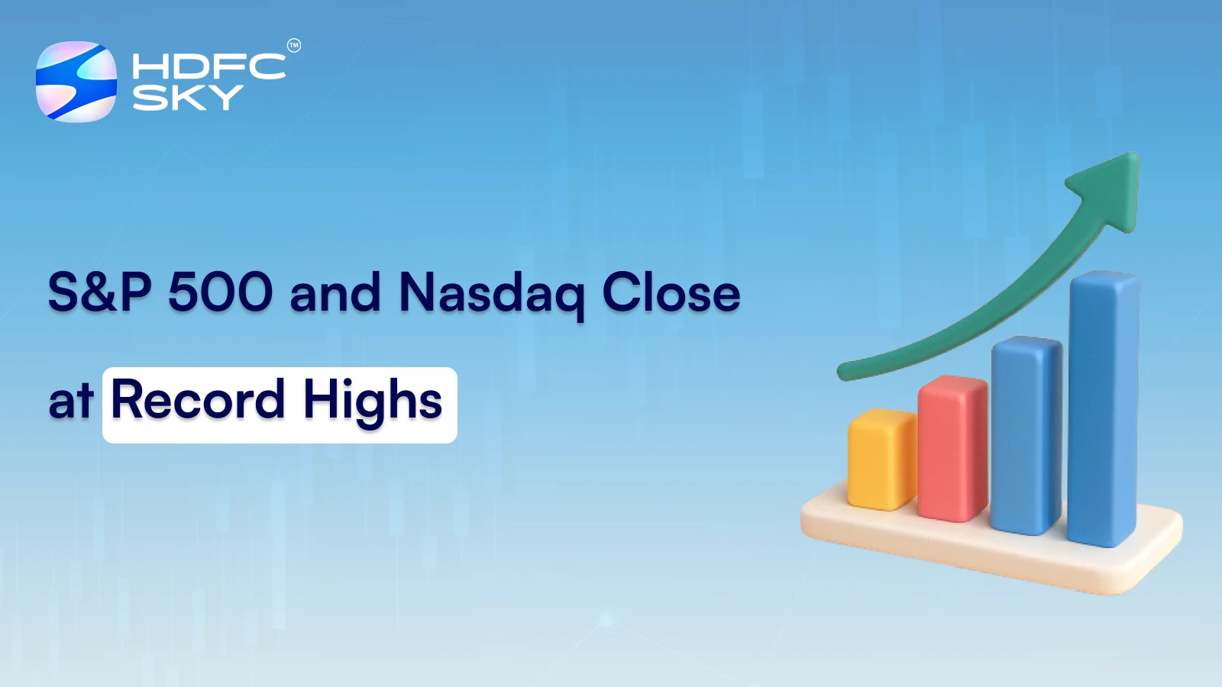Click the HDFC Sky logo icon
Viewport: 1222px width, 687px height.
click(76, 82)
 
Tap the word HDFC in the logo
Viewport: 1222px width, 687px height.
click(209, 66)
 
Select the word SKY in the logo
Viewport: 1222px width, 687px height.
click(188, 98)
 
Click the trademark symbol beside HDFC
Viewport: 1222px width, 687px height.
click(293, 46)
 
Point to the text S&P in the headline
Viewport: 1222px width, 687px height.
click(99, 292)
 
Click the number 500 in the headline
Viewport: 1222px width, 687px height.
click(220, 292)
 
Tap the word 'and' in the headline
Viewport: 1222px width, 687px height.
click(335, 292)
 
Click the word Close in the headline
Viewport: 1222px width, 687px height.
click(671, 292)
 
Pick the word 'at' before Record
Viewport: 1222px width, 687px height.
click(70, 401)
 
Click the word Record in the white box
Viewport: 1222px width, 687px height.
click(198, 399)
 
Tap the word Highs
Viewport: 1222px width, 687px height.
click(373, 401)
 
